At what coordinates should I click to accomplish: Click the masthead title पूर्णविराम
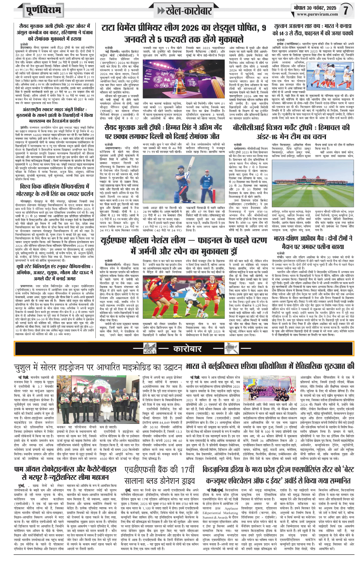pos(43,10)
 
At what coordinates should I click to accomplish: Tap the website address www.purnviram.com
pos(317,15)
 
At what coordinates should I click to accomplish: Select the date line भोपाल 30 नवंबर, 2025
pos(315,8)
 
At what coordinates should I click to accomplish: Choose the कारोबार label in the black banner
pos(188,349)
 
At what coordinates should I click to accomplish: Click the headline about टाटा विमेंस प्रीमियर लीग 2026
pos(184,33)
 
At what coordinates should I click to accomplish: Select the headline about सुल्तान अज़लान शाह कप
pos(313,30)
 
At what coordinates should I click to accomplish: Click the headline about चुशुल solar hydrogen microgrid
pos(99,367)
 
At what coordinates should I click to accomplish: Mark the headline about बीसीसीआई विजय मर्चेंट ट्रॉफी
pos(291,132)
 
